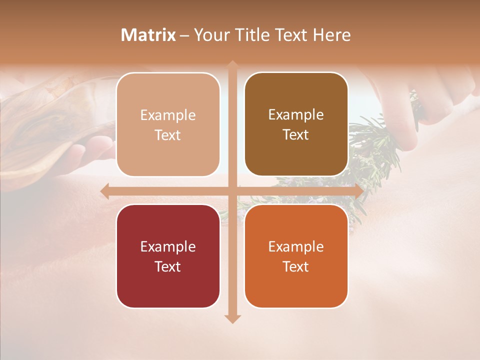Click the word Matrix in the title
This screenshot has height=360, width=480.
click(148, 35)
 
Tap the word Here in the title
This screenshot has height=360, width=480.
click(332, 35)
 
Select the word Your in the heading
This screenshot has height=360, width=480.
click(212, 35)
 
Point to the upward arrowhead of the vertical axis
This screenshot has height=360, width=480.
click(232, 65)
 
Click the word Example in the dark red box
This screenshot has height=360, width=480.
click(168, 246)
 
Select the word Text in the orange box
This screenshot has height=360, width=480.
click(296, 266)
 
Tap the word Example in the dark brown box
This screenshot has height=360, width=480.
click(296, 115)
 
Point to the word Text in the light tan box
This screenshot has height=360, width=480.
click(168, 135)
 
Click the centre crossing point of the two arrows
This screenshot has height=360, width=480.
click(232, 191)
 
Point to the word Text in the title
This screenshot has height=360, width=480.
click(289, 35)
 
